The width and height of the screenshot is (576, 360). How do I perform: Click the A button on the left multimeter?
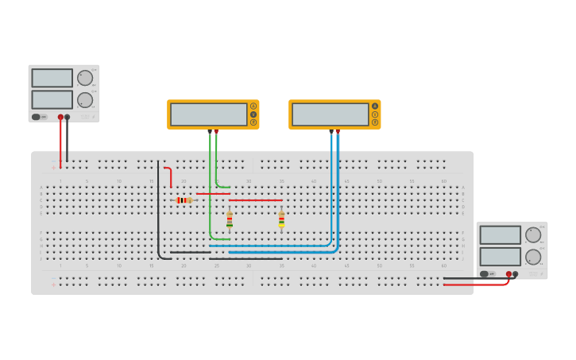pyautogui.click(x=253, y=106)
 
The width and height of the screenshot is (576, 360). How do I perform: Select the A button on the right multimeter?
pyautogui.click(x=375, y=106)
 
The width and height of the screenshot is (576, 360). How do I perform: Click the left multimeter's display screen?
pyautogui.click(x=209, y=114)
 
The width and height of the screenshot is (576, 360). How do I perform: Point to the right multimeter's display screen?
pyautogui.click(x=331, y=114)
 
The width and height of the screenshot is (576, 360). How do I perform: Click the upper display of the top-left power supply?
pyautogui.click(x=52, y=78)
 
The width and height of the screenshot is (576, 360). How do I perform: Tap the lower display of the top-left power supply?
pyautogui.click(x=52, y=99)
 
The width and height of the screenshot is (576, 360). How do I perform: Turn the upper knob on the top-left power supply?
pyautogui.click(x=84, y=78)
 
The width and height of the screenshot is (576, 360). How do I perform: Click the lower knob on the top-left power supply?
pyautogui.click(x=84, y=100)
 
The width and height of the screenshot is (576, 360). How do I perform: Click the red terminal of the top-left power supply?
pyautogui.click(x=60, y=117)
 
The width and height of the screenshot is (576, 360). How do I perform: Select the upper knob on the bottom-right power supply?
pyautogui.click(x=533, y=234)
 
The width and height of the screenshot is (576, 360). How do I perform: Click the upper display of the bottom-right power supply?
pyautogui.click(x=501, y=235)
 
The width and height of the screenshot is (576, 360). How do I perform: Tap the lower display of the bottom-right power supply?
pyautogui.click(x=501, y=257)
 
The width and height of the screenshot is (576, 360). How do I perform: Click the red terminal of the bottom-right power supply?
pyautogui.click(x=508, y=274)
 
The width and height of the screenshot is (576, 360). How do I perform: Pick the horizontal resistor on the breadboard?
pyautogui.click(x=184, y=200)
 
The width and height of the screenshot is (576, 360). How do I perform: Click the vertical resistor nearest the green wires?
pyautogui.click(x=230, y=219)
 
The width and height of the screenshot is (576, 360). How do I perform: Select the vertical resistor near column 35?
pyautogui.click(x=281, y=219)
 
